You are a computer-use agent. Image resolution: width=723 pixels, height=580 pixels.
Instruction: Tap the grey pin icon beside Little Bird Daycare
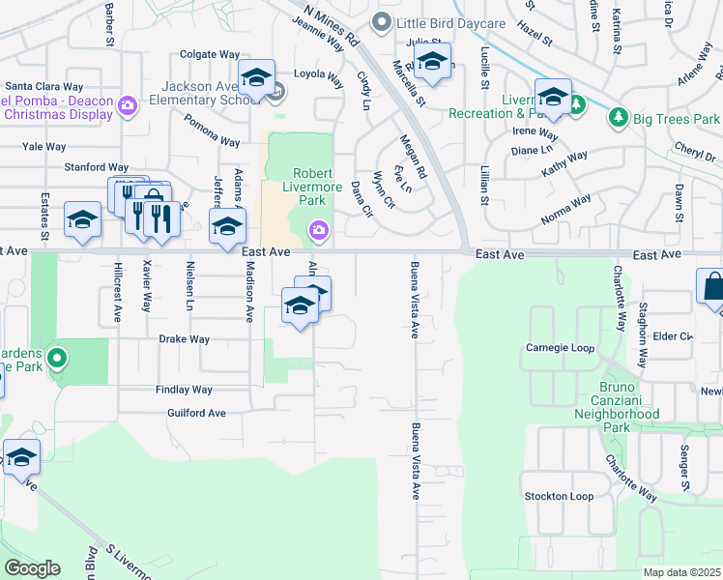(x=383, y=22)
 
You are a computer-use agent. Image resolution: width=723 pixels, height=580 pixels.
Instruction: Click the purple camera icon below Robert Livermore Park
(x=317, y=229)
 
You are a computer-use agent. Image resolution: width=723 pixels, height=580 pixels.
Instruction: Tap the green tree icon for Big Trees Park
(x=618, y=118)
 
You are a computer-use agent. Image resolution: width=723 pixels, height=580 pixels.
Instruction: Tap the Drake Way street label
(x=184, y=339)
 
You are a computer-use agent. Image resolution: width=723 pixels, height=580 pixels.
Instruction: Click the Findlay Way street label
(x=184, y=390)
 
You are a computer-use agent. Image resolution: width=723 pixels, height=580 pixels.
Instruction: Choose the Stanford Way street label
(x=96, y=167)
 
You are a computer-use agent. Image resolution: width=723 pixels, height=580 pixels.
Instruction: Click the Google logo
(x=32, y=568)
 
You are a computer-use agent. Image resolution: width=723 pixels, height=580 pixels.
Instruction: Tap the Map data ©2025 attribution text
(x=682, y=572)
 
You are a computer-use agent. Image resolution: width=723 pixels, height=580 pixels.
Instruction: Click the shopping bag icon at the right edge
(x=713, y=288)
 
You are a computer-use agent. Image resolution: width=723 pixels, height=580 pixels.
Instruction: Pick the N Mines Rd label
(x=332, y=25)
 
